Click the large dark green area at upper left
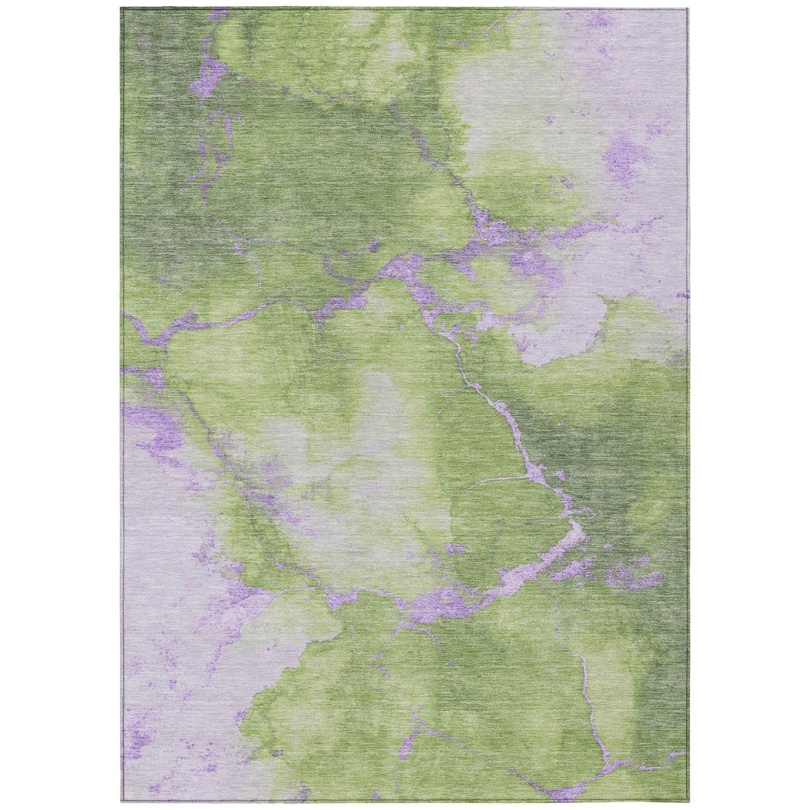pos(168,168)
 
